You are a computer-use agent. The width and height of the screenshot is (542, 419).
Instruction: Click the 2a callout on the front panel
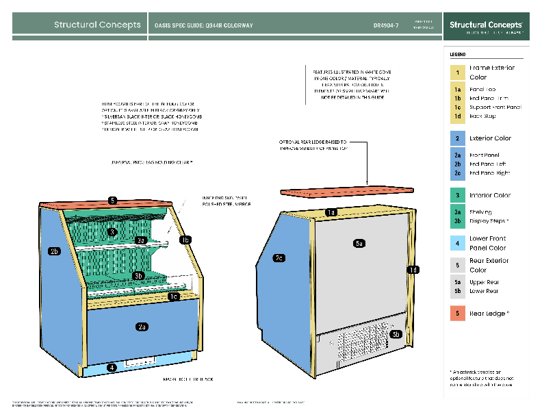point(142,327)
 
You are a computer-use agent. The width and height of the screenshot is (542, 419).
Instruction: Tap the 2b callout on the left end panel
point(55,251)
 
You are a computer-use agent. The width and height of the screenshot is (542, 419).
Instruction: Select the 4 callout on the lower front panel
point(112,367)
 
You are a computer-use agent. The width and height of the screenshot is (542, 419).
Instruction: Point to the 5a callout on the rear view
point(359,243)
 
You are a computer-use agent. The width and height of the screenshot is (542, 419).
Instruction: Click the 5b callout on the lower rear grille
point(396,334)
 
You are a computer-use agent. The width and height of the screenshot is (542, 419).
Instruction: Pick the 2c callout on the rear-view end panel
point(279,258)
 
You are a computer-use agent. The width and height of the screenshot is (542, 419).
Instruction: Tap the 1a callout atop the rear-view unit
point(331,213)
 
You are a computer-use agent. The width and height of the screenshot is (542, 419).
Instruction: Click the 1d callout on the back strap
point(413,270)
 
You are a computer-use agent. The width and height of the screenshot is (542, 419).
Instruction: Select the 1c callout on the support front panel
point(175,296)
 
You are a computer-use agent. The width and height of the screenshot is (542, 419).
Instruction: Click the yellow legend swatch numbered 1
point(456,73)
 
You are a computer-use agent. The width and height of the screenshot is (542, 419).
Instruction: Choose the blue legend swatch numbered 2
point(456,138)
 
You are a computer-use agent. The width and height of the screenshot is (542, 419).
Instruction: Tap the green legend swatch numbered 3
point(456,195)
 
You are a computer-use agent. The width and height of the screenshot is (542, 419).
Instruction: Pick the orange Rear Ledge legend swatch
point(456,314)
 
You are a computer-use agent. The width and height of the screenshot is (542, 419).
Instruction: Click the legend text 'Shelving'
point(480,212)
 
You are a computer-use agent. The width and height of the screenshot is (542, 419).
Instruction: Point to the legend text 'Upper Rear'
point(484,282)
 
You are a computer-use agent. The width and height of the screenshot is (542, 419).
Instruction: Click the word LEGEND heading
point(458,53)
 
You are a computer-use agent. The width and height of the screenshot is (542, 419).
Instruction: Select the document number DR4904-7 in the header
point(386,25)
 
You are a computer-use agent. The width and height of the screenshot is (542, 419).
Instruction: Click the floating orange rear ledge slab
point(350,192)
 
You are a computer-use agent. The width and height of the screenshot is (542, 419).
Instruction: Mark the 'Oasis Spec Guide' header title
point(204,25)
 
